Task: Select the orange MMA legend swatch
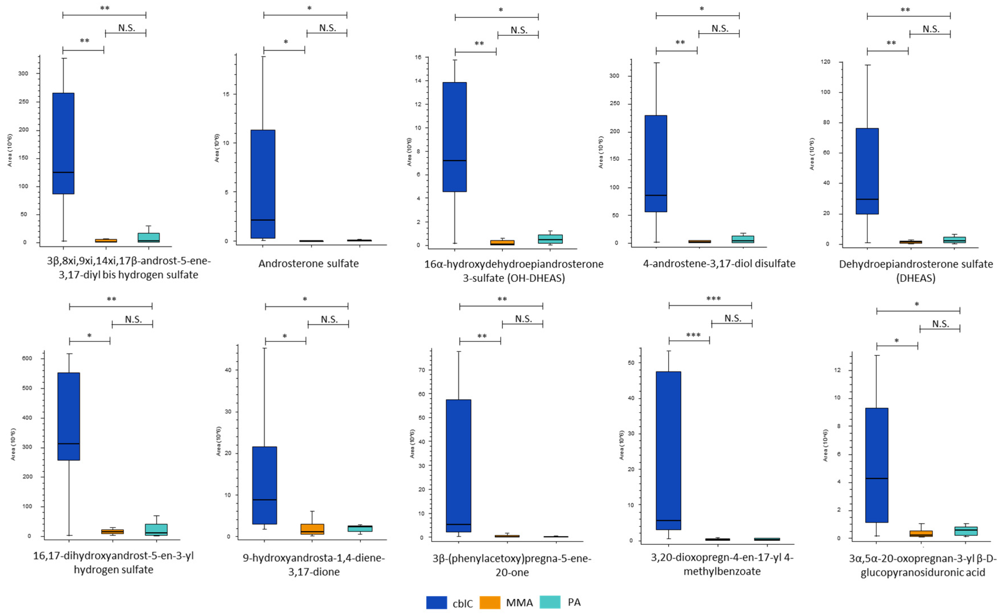coord(490,602)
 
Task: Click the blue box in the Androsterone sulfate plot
coord(263,184)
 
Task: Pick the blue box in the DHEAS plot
coord(867,171)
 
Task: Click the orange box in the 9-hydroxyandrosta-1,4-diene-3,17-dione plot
coord(312,529)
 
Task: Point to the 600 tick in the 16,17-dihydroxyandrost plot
coord(27,358)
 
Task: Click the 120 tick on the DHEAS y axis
coord(825,62)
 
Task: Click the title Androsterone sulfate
coord(308,264)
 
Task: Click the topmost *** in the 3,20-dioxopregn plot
coord(713,299)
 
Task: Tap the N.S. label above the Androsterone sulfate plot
coord(327,28)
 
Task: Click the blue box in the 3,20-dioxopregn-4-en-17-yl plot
coord(668,450)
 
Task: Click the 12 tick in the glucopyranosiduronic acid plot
coord(837,370)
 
